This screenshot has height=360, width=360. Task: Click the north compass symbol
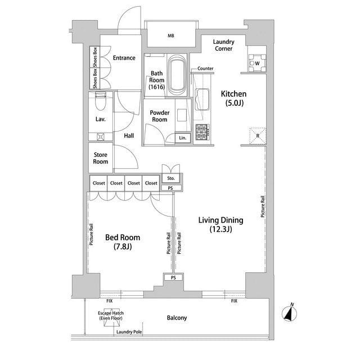(289, 313)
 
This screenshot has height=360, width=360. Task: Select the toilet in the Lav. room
(101, 101)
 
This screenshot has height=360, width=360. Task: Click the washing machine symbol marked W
(257, 63)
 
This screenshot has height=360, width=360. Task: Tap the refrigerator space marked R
(258, 136)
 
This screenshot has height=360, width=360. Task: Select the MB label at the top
(171, 35)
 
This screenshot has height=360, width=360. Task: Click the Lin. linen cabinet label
(182, 138)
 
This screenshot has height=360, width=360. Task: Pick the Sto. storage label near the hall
(171, 178)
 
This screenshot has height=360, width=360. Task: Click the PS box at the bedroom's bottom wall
(173, 277)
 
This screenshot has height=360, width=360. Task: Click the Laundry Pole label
(129, 332)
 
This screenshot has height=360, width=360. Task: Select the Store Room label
(101, 158)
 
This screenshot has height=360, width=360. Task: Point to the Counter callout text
(205, 69)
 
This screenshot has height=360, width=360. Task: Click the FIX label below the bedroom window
(110, 301)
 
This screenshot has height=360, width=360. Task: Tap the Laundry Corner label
(224, 45)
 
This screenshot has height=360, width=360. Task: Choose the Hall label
(129, 136)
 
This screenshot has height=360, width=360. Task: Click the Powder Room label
(160, 116)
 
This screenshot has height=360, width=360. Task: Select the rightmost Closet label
(151, 183)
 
